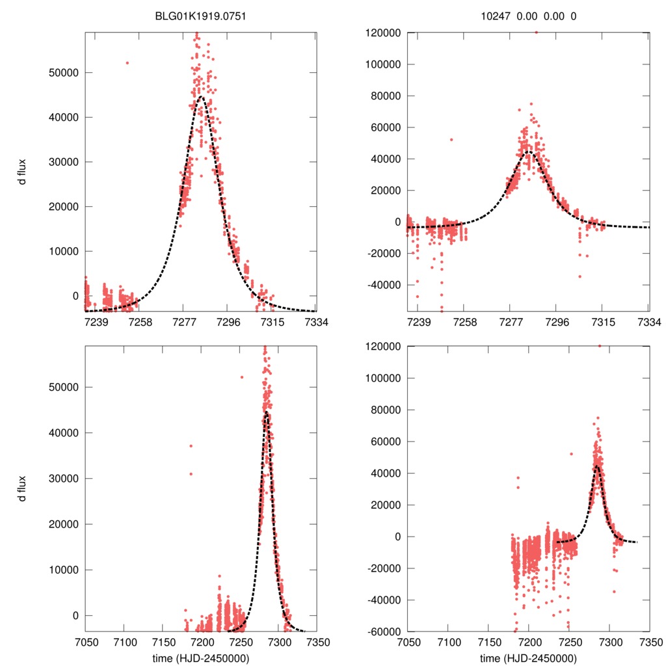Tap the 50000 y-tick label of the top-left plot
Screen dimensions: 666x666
64,72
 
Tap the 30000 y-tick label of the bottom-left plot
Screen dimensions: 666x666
64,479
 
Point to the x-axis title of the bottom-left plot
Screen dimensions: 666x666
199,658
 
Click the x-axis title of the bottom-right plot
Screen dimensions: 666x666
528,658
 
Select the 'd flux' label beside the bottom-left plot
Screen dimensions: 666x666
23,488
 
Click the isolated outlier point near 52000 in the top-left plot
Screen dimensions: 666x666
127,63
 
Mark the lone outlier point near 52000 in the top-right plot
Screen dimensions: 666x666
451,139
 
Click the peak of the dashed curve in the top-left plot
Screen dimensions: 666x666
200,98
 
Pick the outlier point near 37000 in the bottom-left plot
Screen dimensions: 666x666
191,446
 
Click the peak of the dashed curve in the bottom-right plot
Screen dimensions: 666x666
596,466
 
